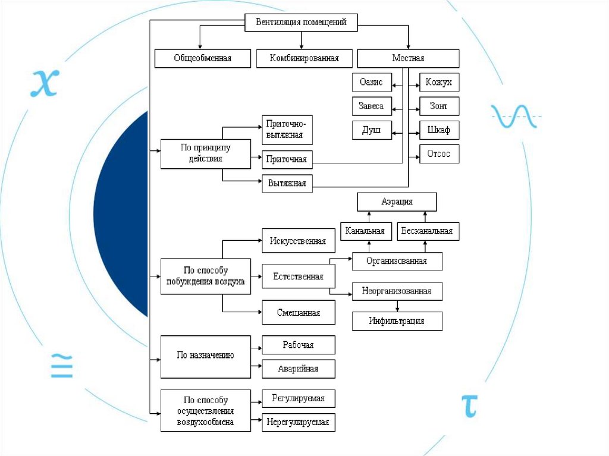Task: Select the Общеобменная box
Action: point(202,58)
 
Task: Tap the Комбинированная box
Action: point(304,58)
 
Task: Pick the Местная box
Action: point(408,58)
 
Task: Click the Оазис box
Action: point(372,82)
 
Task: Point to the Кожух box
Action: point(439,82)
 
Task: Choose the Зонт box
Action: point(439,106)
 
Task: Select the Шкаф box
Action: point(439,130)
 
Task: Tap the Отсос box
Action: point(439,154)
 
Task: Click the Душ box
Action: point(372,130)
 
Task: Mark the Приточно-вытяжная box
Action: point(287,130)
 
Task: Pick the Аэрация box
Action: point(397,202)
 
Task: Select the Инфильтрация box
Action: point(397,321)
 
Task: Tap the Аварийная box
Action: point(298,369)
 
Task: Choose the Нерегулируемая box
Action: point(298,422)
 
